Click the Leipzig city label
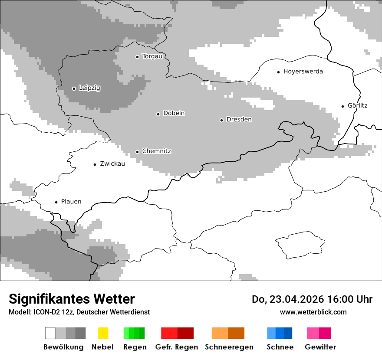coord(89,88)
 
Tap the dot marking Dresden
coord(221,120)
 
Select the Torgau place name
coord(152,56)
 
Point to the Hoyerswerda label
coord(303,72)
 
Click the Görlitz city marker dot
coord(343,106)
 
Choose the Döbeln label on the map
coord(174,113)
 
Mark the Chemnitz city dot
coord(137,152)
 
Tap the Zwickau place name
coord(112,164)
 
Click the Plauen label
coord(71,202)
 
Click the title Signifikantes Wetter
coord(72,299)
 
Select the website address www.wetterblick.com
coord(313,312)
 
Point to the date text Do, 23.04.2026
coord(288,299)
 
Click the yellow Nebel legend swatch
coord(103,333)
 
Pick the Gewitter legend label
coord(320,347)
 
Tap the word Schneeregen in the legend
coord(229,347)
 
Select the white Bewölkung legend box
coord(50,333)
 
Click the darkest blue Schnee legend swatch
coord(288,333)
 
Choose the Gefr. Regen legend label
coord(176,347)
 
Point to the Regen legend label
coord(135,347)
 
